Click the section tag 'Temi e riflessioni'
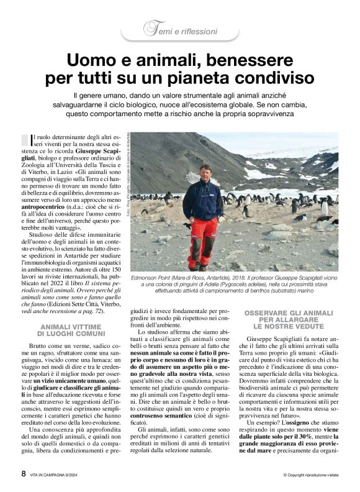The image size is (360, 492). (181, 30)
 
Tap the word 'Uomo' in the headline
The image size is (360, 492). (92, 60)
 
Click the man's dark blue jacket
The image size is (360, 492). (204, 198)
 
